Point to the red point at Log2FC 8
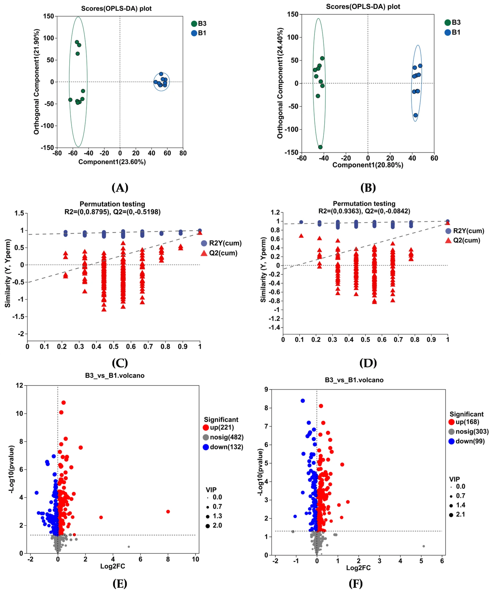tap(168, 512)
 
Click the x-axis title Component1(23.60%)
tap(112, 162)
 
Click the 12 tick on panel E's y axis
tap(20, 386)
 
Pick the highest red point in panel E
tap(63, 402)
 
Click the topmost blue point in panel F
tap(303, 401)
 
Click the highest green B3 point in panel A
tap(77, 42)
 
